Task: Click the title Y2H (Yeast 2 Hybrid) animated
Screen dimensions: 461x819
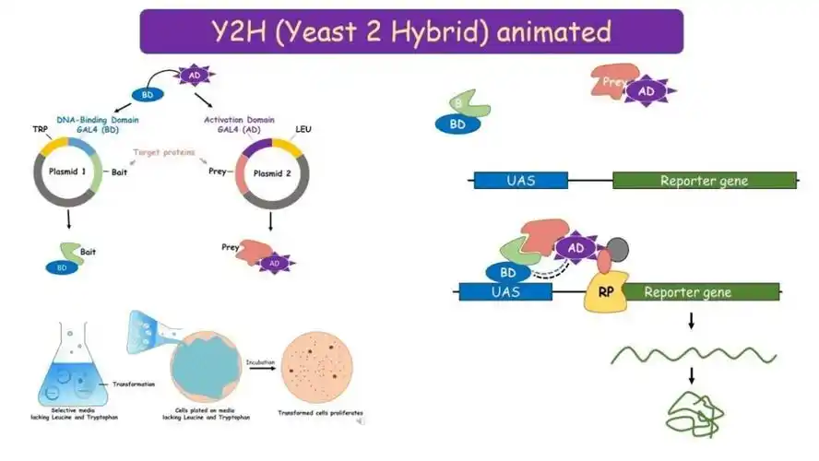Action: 411,31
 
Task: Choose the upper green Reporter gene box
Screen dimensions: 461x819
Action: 704,181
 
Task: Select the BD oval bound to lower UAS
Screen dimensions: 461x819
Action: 507,273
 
